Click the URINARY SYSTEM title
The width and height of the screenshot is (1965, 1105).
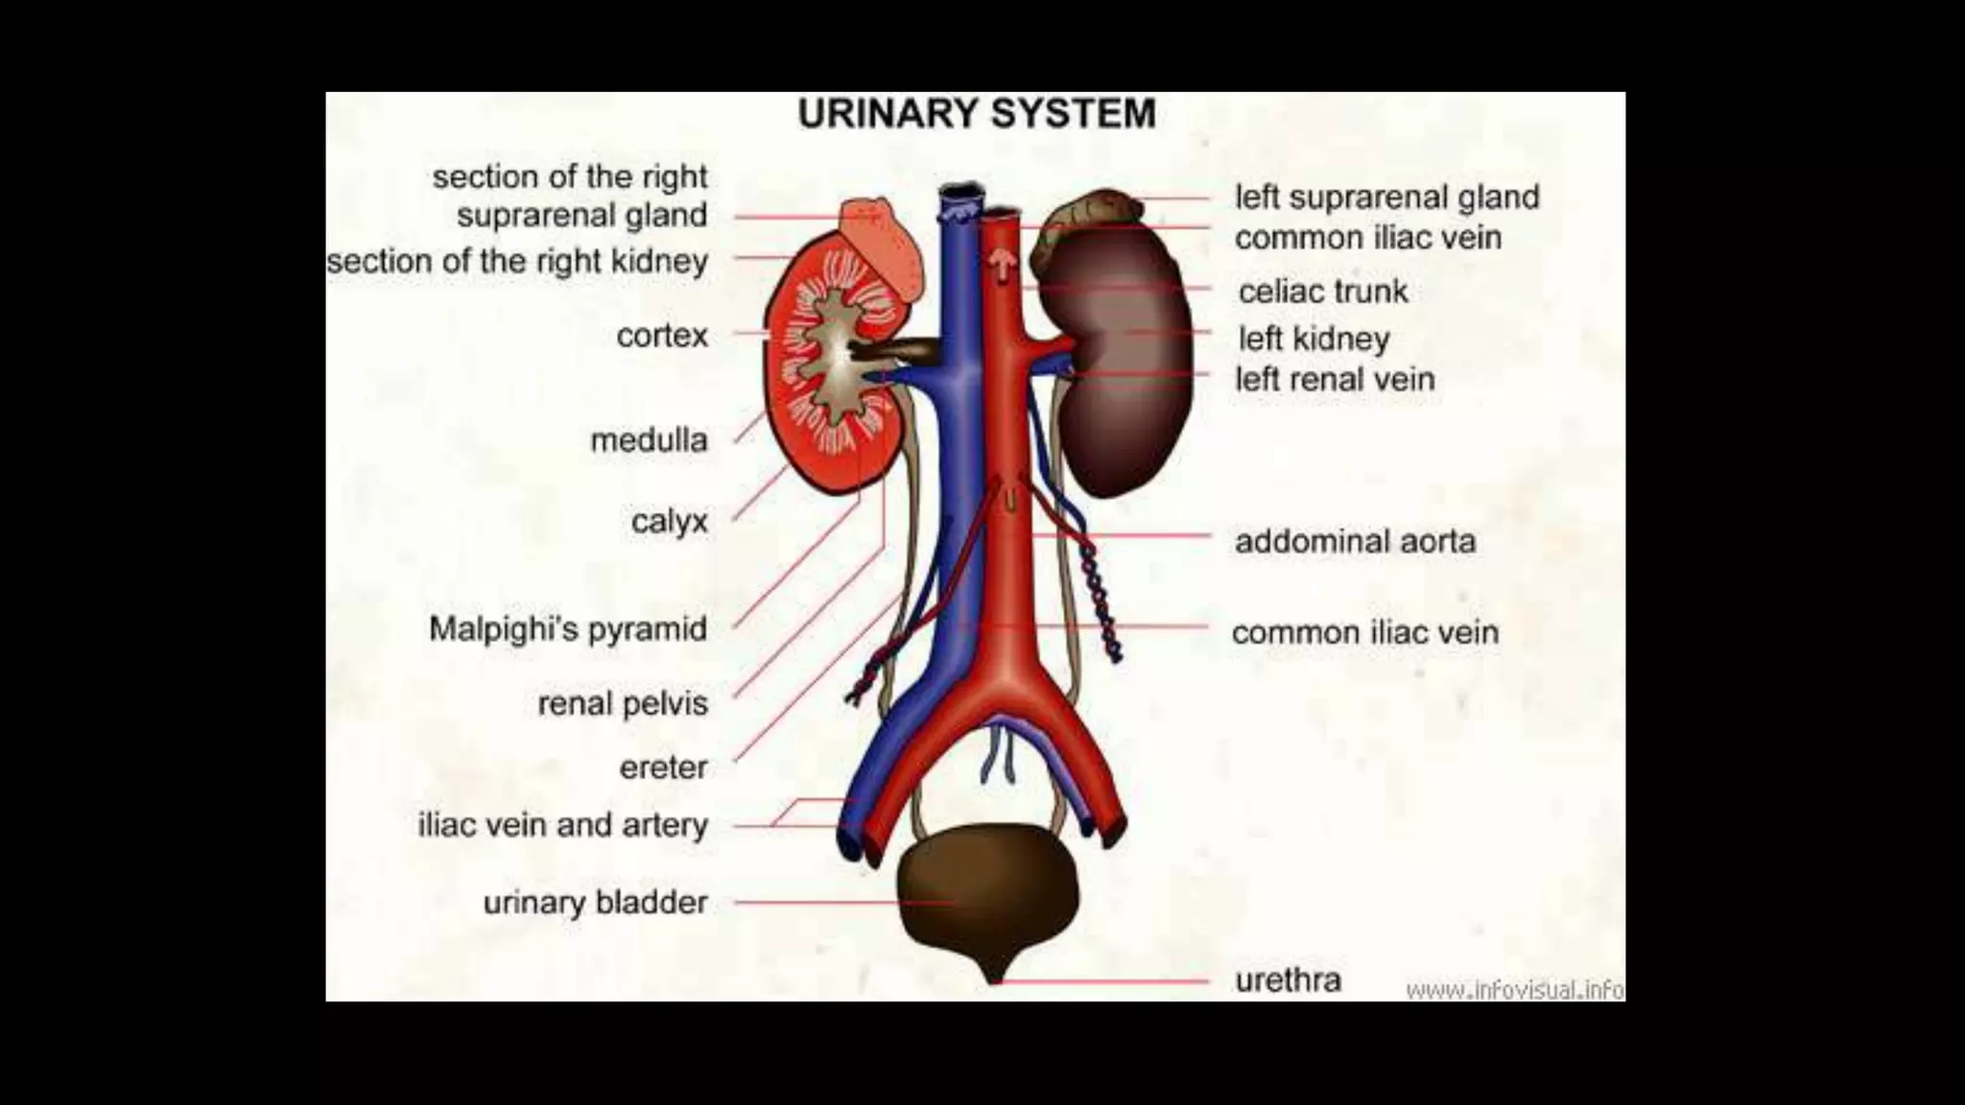[977, 114]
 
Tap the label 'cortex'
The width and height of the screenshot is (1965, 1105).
[662, 336]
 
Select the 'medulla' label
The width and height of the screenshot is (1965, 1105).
[649, 440]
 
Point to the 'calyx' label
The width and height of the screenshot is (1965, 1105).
[669, 522]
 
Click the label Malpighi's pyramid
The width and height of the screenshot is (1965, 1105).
[568, 629]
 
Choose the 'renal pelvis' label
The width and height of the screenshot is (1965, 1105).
[623, 703]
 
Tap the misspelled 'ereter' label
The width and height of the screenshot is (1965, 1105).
[663, 767]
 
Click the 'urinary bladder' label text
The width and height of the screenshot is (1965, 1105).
[595, 903]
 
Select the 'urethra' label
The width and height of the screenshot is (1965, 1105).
[1288, 980]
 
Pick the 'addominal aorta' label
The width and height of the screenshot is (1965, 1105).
[1355, 542]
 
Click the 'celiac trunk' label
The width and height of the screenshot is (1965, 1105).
[1323, 292]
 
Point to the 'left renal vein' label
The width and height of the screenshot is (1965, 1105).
[1335, 380]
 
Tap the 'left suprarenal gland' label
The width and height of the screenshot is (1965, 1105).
[1386, 198]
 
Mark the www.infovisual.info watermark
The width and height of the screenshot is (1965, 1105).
[1514, 989]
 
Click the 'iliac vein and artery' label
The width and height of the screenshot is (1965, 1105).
[563, 825]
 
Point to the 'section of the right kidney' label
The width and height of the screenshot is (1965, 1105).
[517, 261]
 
